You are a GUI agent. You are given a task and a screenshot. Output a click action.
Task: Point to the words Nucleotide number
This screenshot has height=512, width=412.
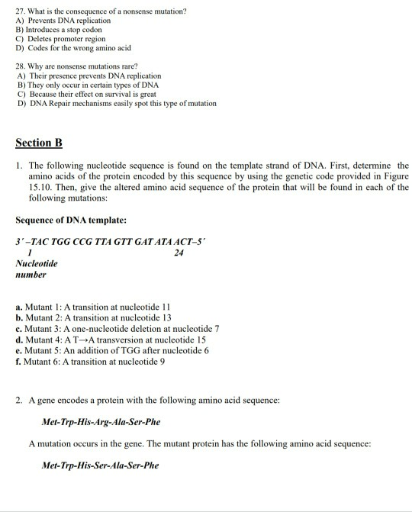(x=32, y=269)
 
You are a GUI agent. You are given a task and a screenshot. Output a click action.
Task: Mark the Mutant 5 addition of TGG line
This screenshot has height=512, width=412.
(x=112, y=349)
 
